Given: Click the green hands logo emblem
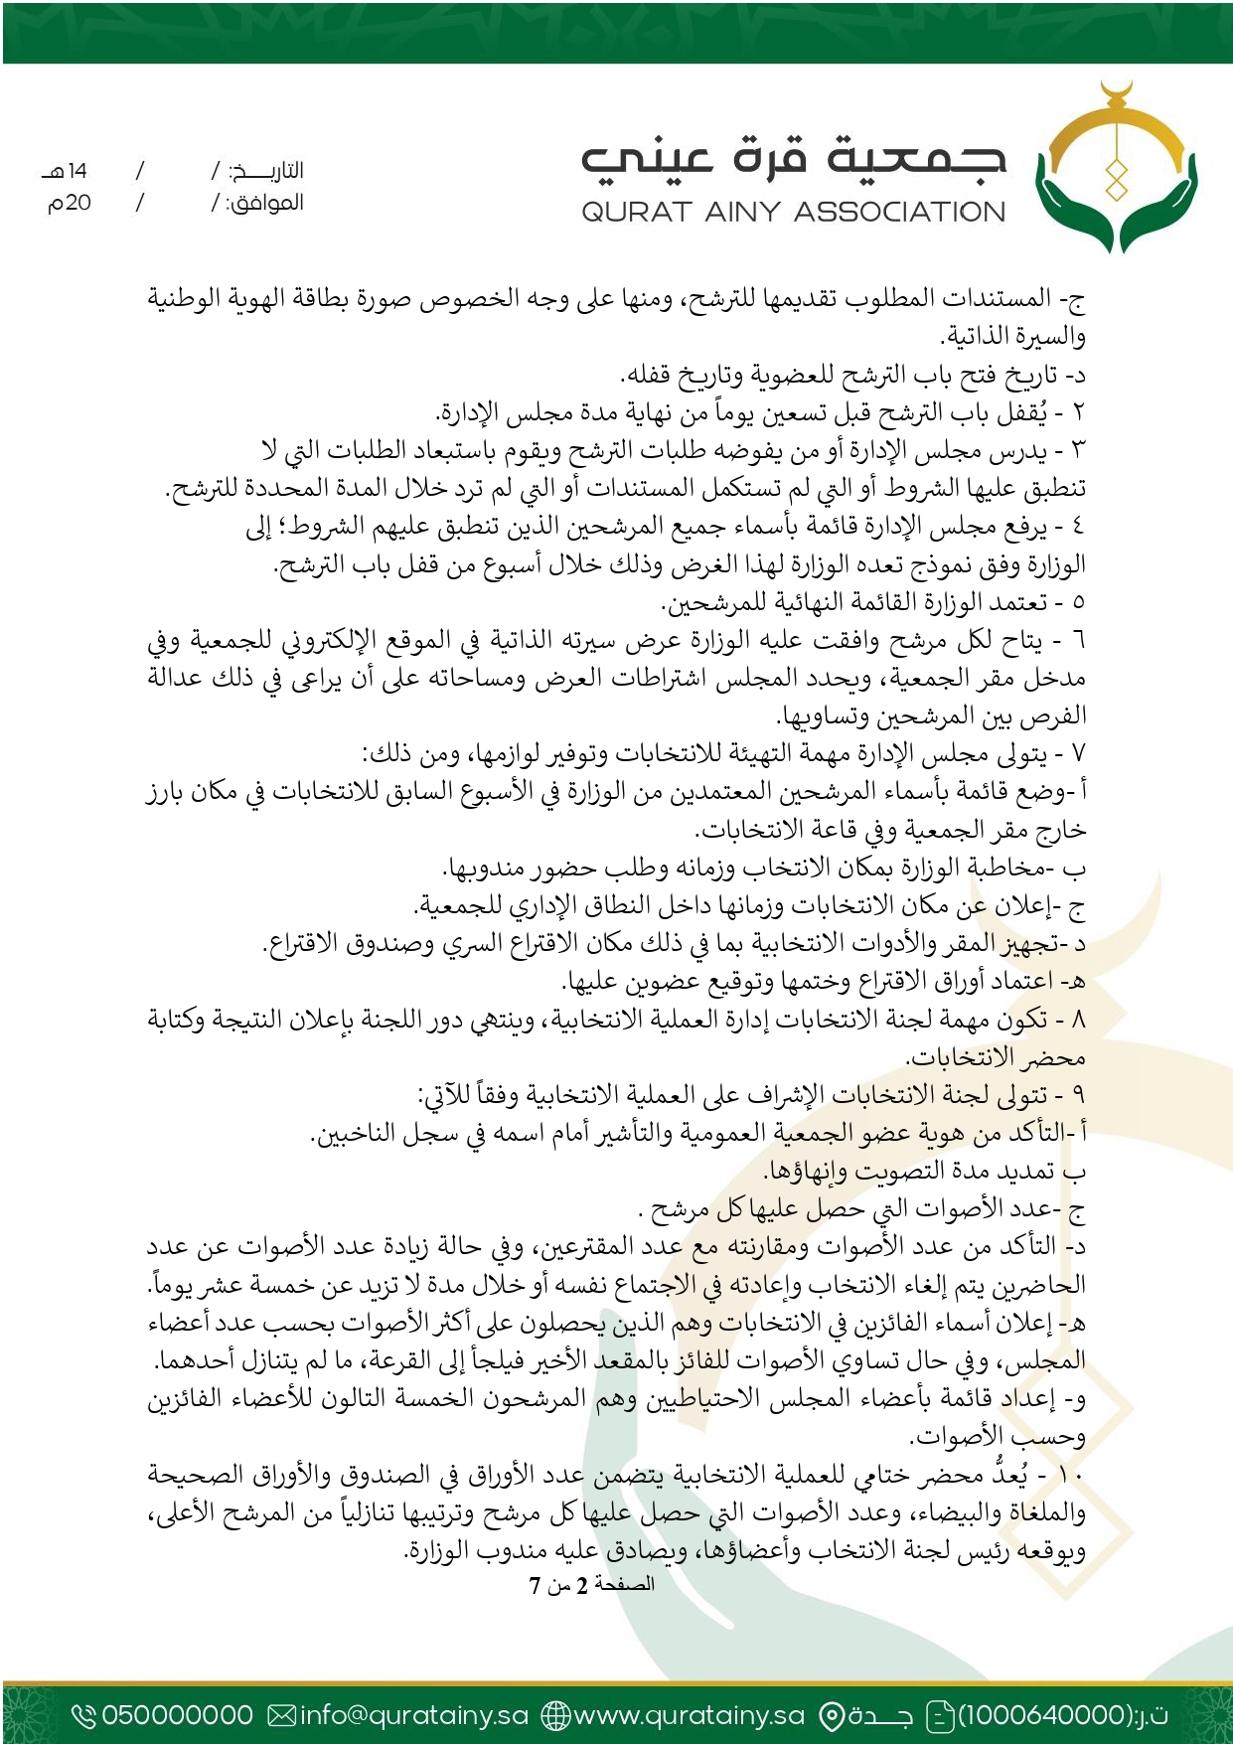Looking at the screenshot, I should pyautogui.click(x=1117, y=169).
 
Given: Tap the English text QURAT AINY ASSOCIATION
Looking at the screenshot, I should pyautogui.click(x=793, y=212).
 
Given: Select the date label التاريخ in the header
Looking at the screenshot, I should pyautogui.click(x=266, y=171).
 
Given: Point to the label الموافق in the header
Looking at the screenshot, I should pyautogui.click(x=265, y=204).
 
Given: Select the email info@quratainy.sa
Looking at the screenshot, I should pyautogui.click(x=413, y=1715).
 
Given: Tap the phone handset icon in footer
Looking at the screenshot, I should pyautogui.click(x=84, y=1715).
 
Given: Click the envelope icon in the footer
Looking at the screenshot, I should pyautogui.click(x=282, y=1715).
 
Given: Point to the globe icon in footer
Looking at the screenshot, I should pyautogui.click(x=555, y=1715).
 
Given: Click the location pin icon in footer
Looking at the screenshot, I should pyautogui.click(x=831, y=1715).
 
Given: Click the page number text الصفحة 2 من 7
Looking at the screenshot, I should pyautogui.click(x=591, y=1584).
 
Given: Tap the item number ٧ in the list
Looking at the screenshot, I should pyautogui.click(x=1079, y=754).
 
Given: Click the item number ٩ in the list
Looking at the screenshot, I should pyautogui.click(x=1079, y=1096).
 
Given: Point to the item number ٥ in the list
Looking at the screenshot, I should pyautogui.click(x=1079, y=602).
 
